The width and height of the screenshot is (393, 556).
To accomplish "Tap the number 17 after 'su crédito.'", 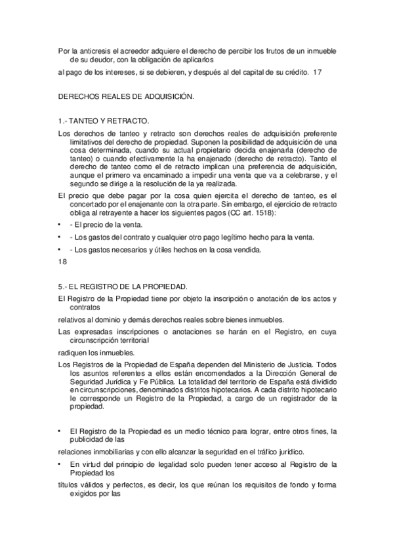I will click(318, 71).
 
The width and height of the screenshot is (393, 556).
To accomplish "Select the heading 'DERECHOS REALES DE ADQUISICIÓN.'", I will click(126, 96).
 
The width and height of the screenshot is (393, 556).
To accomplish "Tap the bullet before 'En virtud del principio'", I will click(60, 464).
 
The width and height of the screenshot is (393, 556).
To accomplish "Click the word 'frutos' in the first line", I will click(262, 49).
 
